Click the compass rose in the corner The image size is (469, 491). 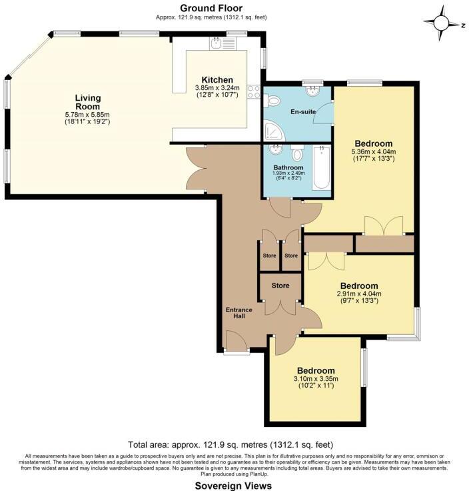[x=442, y=23]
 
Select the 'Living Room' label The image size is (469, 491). [x=87, y=102]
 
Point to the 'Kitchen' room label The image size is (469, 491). [x=217, y=80]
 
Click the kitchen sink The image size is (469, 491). [x=217, y=44]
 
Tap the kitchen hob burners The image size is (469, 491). [x=254, y=91]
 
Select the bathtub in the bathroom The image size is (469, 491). [x=322, y=167]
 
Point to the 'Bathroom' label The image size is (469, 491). [x=288, y=167]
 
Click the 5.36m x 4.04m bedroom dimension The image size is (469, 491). [x=373, y=151]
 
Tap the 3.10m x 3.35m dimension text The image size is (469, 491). [x=316, y=379]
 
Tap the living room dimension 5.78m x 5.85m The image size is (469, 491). [x=87, y=115]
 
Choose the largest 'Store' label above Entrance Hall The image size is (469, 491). [x=280, y=286]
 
